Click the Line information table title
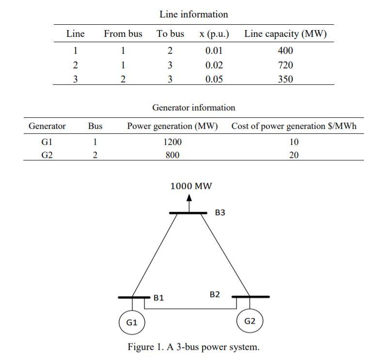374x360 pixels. (193, 15)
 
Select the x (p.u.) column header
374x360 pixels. (214, 34)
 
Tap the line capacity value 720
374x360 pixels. (285, 65)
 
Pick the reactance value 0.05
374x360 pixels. (214, 79)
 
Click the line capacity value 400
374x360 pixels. (285, 50)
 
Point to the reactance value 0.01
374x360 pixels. (214, 50)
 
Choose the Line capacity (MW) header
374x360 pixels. (285, 34)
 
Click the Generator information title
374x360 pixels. (193, 108)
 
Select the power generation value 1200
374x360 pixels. (172, 142)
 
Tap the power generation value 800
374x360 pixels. (172, 155)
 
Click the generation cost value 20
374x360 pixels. (294, 155)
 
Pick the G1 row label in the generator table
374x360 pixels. (47, 142)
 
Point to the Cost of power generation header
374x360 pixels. (294, 126)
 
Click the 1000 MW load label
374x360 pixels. (191, 186)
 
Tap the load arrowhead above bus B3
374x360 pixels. (189, 198)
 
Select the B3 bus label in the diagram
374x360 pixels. (220, 213)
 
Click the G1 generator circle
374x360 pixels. (132, 322)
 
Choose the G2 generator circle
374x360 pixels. (249, 321)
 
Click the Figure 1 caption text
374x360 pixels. (193, 347)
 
